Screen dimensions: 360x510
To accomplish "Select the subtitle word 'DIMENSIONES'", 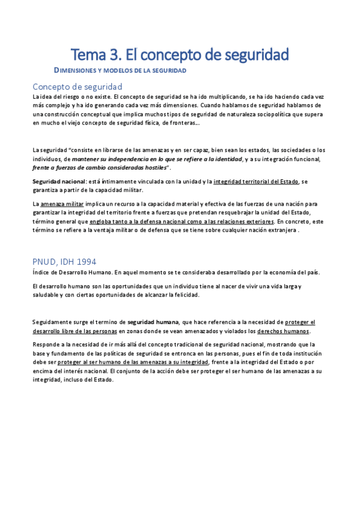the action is (x=77, y=71).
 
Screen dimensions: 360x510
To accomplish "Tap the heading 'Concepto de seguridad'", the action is (x=78, y=86).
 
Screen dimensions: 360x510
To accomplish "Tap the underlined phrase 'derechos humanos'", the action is (x=283, y=331).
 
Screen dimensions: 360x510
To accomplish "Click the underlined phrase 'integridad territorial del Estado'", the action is (x=256, y=181).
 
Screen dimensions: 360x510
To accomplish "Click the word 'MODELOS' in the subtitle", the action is (x=121, y=71).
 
